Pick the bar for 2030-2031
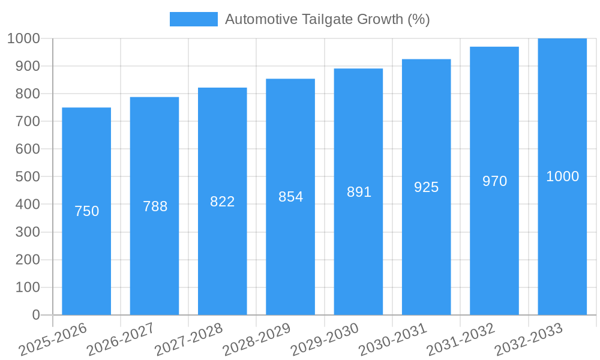click(426, 252)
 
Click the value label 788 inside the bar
click(155, 206)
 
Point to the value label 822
click(223, 202)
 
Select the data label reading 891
click(359, 192)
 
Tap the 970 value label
click(494, 181)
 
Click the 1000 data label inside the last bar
click(562, 176)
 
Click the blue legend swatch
click(193, 19)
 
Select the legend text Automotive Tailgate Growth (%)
click(327, 19)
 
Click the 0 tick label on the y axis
click(35, 315)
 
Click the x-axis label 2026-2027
click(121, 340)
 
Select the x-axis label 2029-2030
click(325, 340)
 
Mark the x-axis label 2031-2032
click(461, 340)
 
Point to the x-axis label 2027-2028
click(188, 340)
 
